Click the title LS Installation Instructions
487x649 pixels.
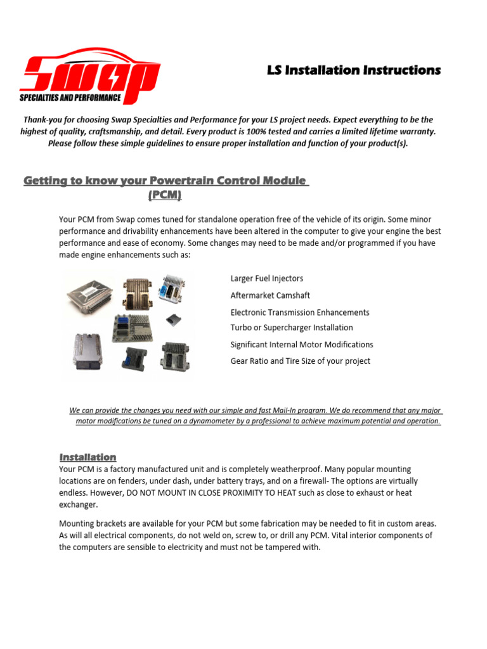[x=353, y=70]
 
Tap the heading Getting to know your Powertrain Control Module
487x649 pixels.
[x=166, y=181]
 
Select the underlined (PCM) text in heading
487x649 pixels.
[x=165, y=196]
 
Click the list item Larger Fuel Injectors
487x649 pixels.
[x=266, y=278]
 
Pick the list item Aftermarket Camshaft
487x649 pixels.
[x=270, y=295]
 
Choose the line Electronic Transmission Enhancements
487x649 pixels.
[x=299, y=312]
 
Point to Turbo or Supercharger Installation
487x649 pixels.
[x=292, y=328]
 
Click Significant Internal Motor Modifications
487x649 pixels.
[x=301, y=345]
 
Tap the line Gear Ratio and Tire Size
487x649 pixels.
[x=300, y=361]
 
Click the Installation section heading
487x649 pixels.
[x=88, y=457]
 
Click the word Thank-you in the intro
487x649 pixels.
[x=44, y=120]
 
